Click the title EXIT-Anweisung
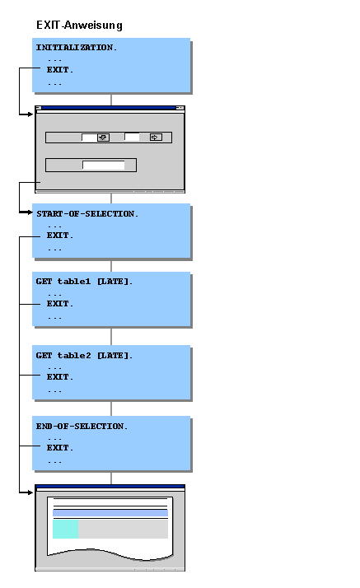click(x=79, y=26)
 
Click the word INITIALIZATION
click(x=76, y=48)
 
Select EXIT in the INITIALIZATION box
click(x=59, y=70)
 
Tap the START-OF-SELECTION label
click(x=86, y=213)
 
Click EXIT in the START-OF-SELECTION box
click(x=59, y=236)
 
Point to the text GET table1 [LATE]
click(x=84, y=282)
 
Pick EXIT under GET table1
click(x=59, y=304)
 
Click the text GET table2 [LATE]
click(x=84, y=355)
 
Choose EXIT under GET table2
click(x=59, y=377)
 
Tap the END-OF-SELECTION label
click(x=82, y=426)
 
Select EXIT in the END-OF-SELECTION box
click(x=59, y=448)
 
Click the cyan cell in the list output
click(x=65, y=529)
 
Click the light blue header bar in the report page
click(x=110, y=514)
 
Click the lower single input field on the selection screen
click(x=104, y=165)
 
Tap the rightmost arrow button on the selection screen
click(x=155, y=138)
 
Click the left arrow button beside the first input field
click(x=103, y=138)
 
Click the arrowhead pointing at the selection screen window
click(x=31, y=114)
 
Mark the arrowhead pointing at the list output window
click(x=31, y=492)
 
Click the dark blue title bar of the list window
click(x=110, y=487)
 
